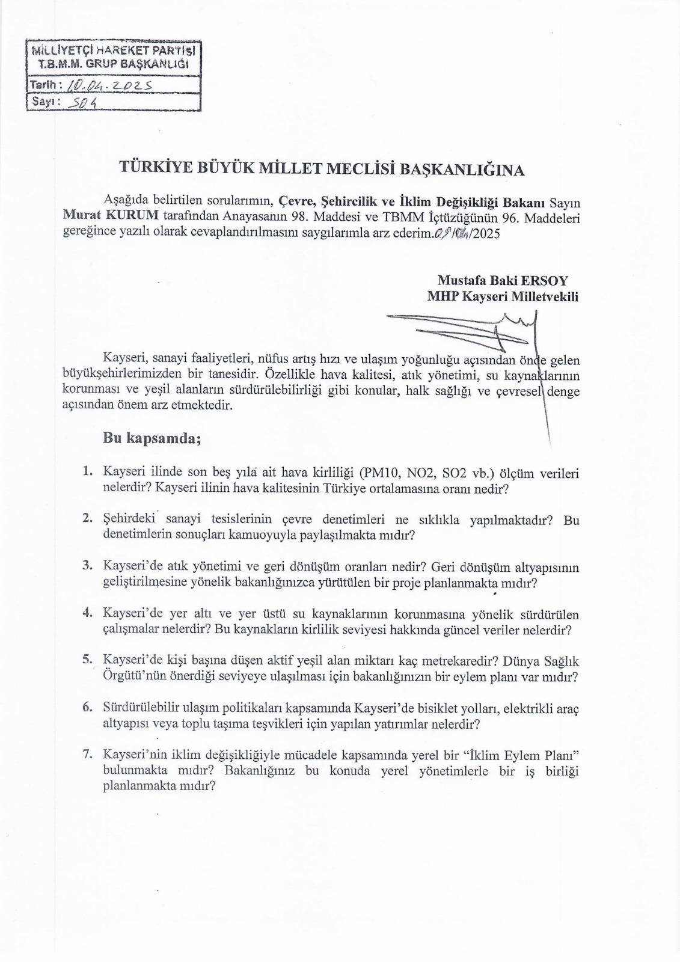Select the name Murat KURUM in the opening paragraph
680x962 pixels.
pos(111,216)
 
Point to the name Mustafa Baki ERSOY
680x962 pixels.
pos(502,280)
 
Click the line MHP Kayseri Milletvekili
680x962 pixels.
pos(502,296)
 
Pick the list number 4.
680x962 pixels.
pos(88,613)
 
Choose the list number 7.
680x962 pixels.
pos(88,755)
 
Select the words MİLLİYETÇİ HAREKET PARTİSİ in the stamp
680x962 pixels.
pos(114,50)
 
